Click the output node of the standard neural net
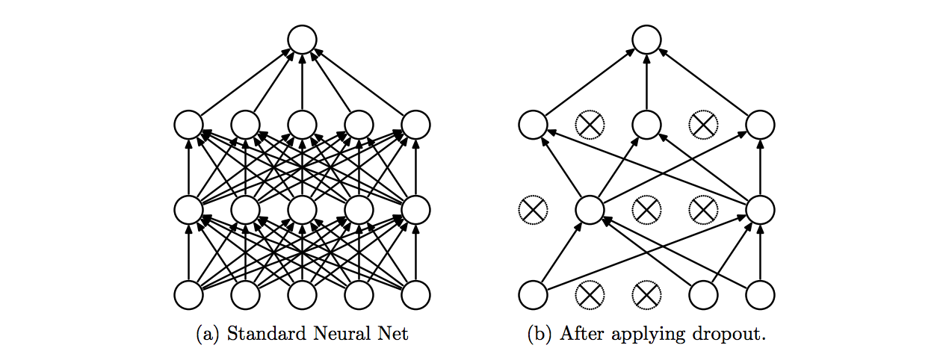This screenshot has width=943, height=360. (302, 40)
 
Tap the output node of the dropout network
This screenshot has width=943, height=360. (646, 40)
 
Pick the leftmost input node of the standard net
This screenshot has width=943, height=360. (188, 295)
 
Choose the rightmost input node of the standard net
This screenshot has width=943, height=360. (415, 295)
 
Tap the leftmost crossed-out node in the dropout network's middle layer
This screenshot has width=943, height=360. (533, 210)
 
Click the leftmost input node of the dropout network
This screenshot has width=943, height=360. (533, 295)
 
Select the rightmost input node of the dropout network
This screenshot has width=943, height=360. (760, 295)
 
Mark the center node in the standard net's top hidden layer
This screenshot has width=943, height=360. (302, 125)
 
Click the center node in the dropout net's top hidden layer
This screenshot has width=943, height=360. (646, 125)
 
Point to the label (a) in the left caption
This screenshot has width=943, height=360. (208, 335)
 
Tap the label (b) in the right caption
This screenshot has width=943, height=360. (539, 335)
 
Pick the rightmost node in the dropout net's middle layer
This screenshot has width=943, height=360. (760, 210)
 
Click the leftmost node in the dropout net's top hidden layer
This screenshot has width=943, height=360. (533, 125)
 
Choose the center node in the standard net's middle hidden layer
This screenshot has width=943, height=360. (302, 210)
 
